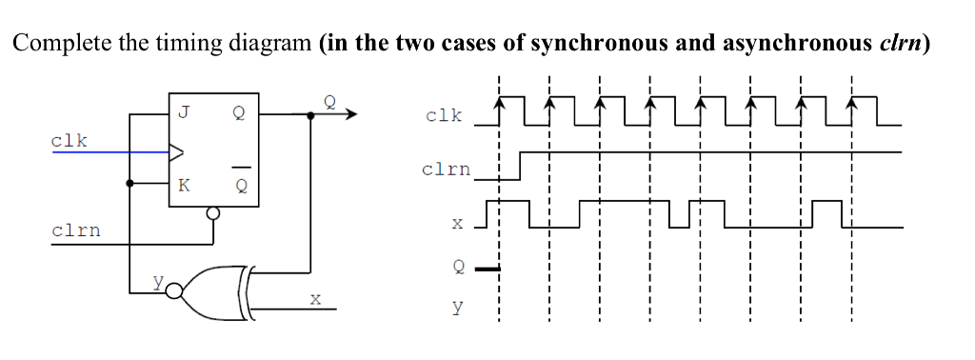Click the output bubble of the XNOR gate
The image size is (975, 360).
(x=172, y=290)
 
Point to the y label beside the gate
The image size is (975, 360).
(x=159, y=281)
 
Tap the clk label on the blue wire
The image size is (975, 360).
(x=70, y=140)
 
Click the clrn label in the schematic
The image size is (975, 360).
(x=76, y=230)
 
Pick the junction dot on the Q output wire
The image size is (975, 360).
(x=310, y=115)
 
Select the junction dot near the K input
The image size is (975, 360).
(x=130, y=183)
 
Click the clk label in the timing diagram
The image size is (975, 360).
(x=445, y=115)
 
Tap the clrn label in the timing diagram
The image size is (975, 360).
(x=446, y=170)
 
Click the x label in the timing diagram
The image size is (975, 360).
(x=457, y=224)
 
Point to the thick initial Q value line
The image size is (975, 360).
(x=487, y=269)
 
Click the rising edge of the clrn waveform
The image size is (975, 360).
(x=519, y=165)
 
